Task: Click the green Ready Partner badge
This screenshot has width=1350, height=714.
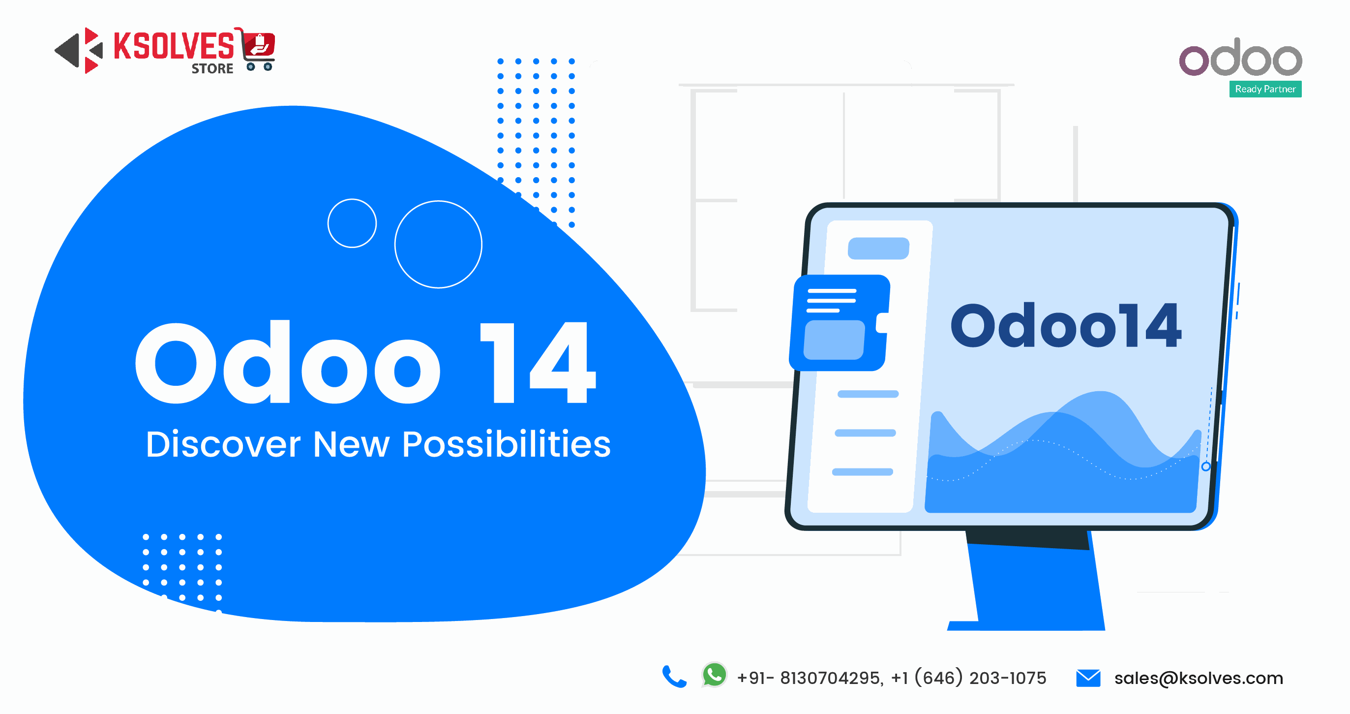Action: coord(1265,89)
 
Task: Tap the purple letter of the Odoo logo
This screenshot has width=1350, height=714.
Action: coord(1193,61)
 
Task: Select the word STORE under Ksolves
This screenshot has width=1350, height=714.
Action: coord(212,69)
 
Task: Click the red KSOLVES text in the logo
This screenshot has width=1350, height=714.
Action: coord(174,46)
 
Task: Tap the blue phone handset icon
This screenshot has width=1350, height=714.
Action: coord(674,677)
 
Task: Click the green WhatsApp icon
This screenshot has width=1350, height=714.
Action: coord(714,675)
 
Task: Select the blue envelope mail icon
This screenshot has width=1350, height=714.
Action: coord(1088,678)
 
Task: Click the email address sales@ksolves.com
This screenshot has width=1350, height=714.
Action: coord(1198,678)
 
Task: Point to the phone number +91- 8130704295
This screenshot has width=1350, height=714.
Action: coord(810,678)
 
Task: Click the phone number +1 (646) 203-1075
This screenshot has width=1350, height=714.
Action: coord(968,678)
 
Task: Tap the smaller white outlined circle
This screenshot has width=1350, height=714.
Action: coord(352,223)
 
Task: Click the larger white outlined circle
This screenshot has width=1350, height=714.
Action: coord(438,244)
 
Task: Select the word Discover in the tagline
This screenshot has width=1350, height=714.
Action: coord(223,444)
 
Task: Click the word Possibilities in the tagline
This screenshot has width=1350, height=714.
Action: coord(506,444)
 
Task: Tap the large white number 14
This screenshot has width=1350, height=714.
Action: coord(538,363)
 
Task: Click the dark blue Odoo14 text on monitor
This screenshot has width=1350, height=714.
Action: coord(1065,326)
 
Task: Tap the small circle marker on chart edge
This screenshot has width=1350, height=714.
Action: coord(1205,466)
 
